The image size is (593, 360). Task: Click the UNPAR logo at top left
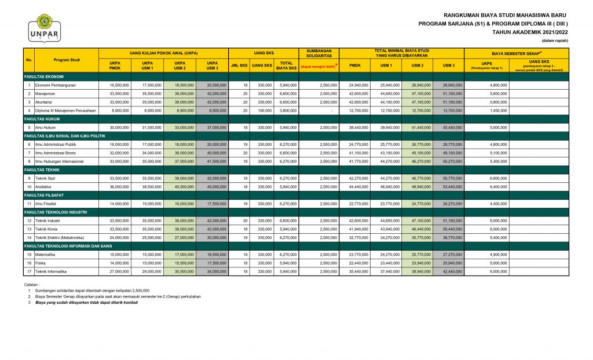coord(43,28)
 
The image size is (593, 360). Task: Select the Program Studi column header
coord(67,60)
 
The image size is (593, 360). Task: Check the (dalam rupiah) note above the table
coord(555,42)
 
